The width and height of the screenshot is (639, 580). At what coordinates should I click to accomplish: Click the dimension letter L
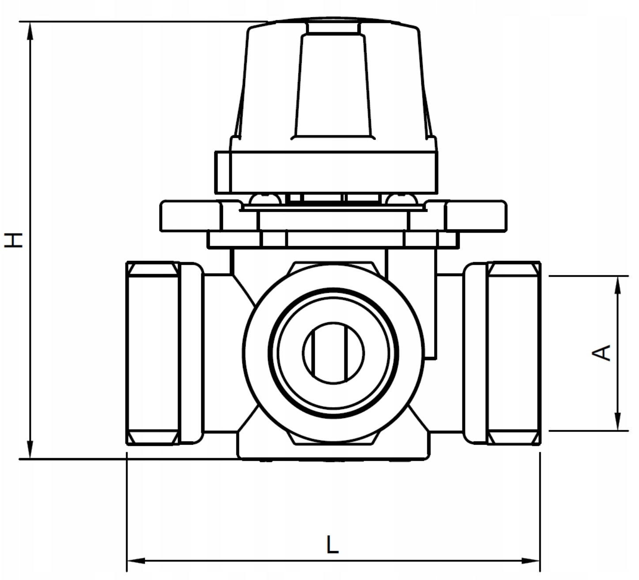coord(333,544)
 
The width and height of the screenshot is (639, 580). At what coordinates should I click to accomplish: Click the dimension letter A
coord(601,353)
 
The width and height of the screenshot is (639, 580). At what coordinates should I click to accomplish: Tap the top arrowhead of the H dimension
coord(30,31)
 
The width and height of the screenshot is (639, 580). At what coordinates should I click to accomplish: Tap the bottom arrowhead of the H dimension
coord(30,450)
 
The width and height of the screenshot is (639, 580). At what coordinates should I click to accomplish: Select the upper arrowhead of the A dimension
coord(618,285)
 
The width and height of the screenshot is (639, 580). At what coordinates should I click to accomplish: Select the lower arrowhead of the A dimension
coord(618,422)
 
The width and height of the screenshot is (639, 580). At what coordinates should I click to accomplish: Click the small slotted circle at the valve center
coord(333,353)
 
